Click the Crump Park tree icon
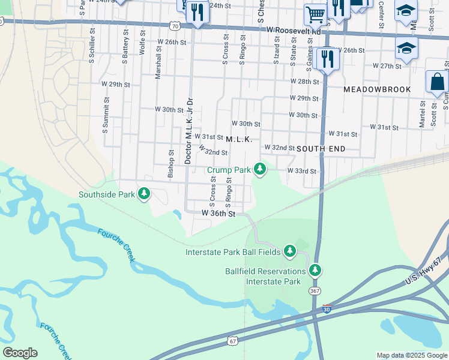(x=260, y=170)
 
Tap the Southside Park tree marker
(x=143, y=194)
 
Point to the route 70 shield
(x=174, y=26)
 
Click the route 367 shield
(x=315, y=290)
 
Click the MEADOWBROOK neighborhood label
(x=377, y=89)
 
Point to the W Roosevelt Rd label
(x=294, y=30)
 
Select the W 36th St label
(x=217, y=213)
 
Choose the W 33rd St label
(x=301, y=171)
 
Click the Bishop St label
(x=171, y=161)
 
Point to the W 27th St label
(x=387, y=65)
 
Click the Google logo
(x=20, y=353)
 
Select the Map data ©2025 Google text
(x=412, y=355)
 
